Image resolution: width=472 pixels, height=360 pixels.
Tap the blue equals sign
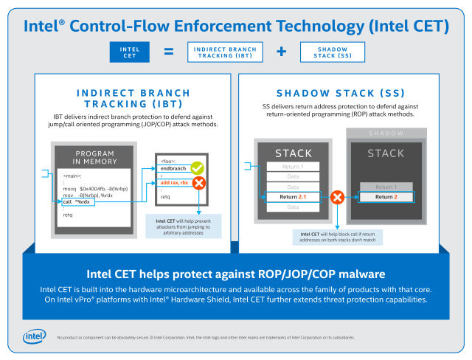point(168,52)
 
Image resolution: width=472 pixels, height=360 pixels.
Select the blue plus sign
point(281,52)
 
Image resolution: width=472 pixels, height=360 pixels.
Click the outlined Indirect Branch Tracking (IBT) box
point(225,52)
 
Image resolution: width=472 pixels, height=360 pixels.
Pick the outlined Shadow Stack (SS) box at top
point(333,52)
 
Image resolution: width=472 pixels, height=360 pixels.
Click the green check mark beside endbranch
point(196,170)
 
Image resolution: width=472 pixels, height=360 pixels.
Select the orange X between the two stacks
point(338,197)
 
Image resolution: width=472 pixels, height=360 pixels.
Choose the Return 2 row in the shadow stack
point(384,197)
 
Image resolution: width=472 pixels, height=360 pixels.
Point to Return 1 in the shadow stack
point(384,187)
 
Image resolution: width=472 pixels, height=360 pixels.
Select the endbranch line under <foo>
point(174,169)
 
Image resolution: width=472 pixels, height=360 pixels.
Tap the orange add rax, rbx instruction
point(176,182)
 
